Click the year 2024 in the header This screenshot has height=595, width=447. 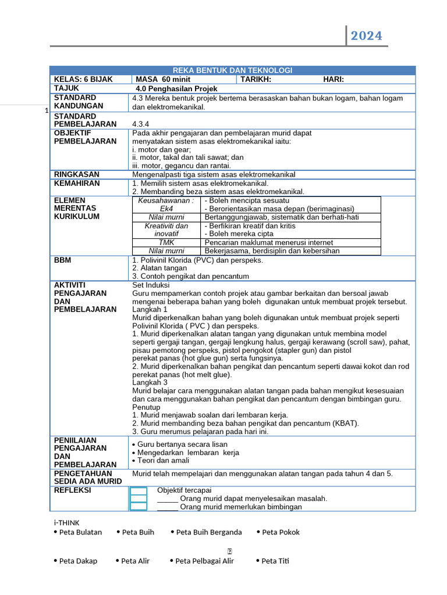coord(366,36)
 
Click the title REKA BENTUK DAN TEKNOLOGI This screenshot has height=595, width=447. coord(232,70)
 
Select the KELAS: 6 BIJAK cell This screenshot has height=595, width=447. coord(83,80)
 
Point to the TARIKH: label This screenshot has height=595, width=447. coord(256,80)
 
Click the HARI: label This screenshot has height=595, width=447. coord(334,80)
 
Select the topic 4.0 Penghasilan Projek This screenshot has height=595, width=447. coord(176,89)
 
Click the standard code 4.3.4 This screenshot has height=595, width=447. coord(141,124)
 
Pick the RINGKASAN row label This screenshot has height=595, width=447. coord(77,174)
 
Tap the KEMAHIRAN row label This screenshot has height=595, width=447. coord(77,184)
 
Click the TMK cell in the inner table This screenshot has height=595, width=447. coord(166,242)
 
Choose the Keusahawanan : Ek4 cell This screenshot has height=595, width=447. coord(166,205)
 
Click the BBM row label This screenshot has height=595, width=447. coord(62,260)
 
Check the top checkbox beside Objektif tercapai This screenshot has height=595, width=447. coord(139,491)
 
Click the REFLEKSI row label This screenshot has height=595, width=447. coord(72,490)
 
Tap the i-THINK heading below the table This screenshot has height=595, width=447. coord(67,522)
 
